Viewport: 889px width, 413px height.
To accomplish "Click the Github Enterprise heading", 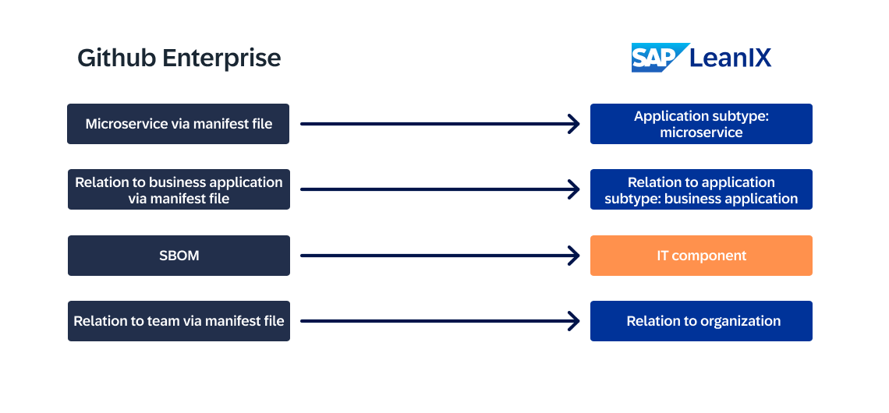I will [x=179, y=58].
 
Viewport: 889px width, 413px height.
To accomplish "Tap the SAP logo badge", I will [x=659, y=58].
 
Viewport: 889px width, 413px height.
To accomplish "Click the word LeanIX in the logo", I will [x=731, y=58].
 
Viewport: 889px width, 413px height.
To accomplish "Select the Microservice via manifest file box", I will [x=179, y=124].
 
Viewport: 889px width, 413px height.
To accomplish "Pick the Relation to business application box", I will [x=179, y=189].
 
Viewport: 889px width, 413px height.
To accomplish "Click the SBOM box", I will [x=179, y=256].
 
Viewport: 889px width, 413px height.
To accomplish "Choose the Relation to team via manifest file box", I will [x=179, y=321].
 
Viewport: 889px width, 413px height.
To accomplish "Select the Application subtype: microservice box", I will [x=701, y=124].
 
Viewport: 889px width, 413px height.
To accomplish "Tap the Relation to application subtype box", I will [x=701, y=189].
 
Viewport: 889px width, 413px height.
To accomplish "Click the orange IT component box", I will [x=701, y=256].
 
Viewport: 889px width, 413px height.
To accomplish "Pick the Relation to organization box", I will [x=701, y=321].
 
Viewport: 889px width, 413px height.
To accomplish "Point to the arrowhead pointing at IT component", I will [x=575, y=256].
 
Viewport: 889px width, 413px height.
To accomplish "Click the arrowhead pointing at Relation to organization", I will [x=575, y=321].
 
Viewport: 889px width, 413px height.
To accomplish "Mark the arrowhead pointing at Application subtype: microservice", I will [x=575, y=124].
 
